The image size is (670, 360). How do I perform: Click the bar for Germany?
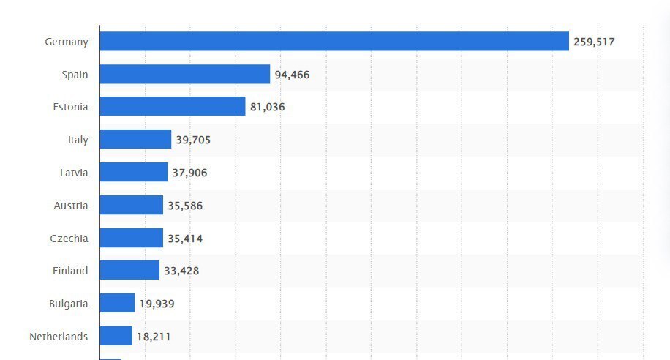334,42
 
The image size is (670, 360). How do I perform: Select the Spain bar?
184,74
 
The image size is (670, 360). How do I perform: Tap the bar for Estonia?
172,107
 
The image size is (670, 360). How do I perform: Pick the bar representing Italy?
135,140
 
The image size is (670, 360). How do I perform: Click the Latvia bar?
133,173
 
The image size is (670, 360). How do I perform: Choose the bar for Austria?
131,206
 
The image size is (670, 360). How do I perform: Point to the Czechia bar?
131,238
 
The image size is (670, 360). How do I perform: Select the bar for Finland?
129,271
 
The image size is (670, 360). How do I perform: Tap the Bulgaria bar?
117,304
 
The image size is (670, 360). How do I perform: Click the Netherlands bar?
116,337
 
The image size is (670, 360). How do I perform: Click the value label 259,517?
594,42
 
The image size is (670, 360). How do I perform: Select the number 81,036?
267,108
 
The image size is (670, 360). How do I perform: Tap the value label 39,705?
193,140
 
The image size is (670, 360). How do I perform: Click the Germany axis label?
67,42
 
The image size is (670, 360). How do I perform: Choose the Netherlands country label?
59,337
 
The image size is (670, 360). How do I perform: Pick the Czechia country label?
70,238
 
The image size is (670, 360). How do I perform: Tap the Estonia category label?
70,107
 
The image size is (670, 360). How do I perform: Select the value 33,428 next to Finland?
181,271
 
